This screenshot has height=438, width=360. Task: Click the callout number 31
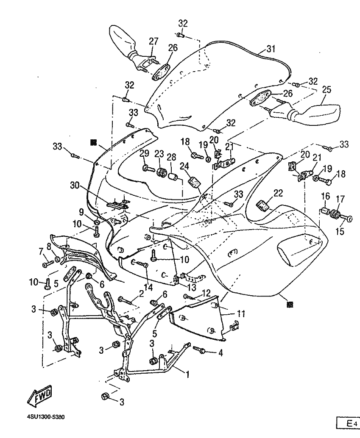tap(271, 49)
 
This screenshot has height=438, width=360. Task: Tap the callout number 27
tap(153, 41)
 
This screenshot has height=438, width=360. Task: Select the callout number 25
tap(327, 90)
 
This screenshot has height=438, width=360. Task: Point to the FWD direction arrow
tap(39, 396)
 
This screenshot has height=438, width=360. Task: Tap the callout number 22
tap(278, 193)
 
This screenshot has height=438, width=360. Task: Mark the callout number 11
tap(241, 314)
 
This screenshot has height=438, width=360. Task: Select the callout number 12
tap(206, 292)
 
